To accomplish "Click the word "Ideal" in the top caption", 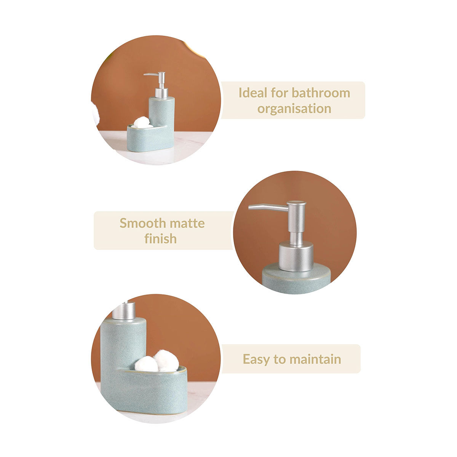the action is click(x=253, y=93).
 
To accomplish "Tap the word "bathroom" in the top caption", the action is click(x=321, y=93).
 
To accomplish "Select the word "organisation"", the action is click(x=294, y=109).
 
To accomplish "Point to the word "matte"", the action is click(x=187, y=224).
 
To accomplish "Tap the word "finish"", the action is click(x=161, y=238).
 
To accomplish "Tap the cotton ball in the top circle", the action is click(x=142, y=122).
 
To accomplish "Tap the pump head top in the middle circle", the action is click(x=296, y=203).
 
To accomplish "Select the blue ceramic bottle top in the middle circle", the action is click(x=296, y=278).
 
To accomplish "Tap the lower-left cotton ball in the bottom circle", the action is click(x=146, y=364).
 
